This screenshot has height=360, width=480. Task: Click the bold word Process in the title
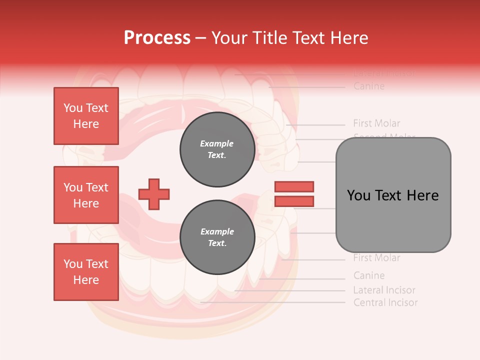click(x=157, y=38)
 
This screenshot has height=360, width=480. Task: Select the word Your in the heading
click(x=229, y=38)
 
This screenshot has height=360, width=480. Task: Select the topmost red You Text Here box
click(x=86, y=116)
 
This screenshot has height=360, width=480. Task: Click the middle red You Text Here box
click(x=86, y=195)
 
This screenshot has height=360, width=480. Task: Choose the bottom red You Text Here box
click(x=86, y=272)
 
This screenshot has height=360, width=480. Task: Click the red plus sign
click(x=153, y=194)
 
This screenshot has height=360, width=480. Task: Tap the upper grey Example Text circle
click(x=217, y=149)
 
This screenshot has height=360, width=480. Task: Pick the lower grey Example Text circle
click(x=217, y=237)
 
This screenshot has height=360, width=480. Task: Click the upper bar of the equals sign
click(x=294, y=186)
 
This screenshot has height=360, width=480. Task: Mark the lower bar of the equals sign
click(x=294, y=201)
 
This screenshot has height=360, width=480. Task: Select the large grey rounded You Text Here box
click(x=393, y=195)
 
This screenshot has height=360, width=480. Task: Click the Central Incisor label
click(x=385, y=302)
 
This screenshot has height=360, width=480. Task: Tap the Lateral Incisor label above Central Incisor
click(x=384, y=290)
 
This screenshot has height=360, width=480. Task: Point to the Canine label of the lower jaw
click(x=369, y=275)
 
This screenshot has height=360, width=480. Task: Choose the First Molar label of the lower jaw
click(x=376, y=258)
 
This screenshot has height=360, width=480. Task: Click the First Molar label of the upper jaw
click(x=376, y=123)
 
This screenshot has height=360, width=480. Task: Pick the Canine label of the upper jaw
click(x=369, y=86)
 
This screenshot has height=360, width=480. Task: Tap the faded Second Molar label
click(x=384, y=135)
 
